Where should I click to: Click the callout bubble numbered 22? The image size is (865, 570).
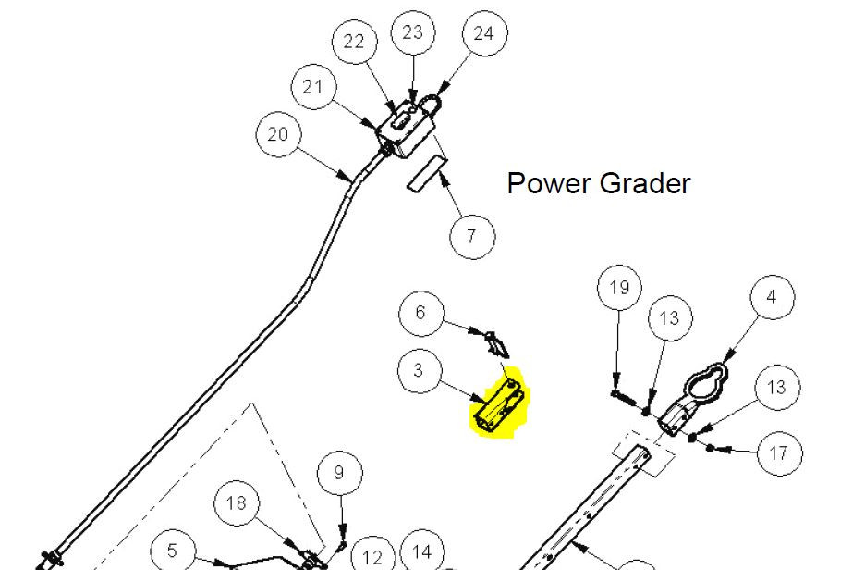click(354, 42)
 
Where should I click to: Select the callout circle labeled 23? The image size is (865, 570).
click(413, 32)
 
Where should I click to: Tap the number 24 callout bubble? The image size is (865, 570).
click(485, 33)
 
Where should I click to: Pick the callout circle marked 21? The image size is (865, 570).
click(314, 87)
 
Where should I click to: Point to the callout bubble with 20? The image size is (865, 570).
click(278, 134)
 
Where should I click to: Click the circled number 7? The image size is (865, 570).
click(472, 236)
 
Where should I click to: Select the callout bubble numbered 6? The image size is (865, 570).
click(420, 313)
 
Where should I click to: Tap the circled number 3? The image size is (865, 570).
click(420, 370)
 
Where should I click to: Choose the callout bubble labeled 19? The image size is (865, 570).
click(620, 287)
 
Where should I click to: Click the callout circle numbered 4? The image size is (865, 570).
click(773, 297)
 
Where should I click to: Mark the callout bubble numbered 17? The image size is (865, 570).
click(779, 453)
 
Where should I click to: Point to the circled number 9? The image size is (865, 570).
click(340, 473)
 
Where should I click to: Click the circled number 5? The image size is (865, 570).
click(173, 551)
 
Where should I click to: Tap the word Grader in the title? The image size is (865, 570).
click(645, 183)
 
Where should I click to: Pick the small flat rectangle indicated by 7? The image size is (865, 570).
click(428, 174)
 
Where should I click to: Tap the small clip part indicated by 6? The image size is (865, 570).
click(497, 344)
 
